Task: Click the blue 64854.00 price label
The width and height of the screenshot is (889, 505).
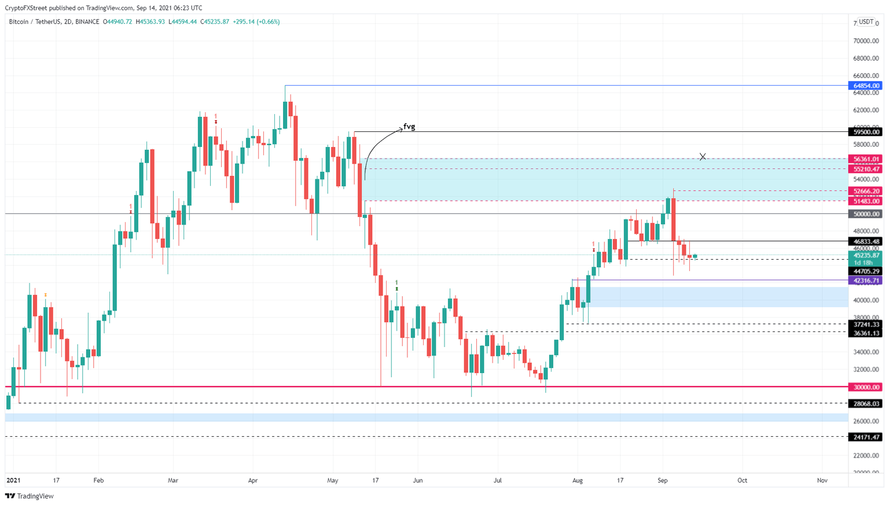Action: click(x=866, y=86)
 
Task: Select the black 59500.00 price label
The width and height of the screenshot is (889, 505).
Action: click(x=866, y=132)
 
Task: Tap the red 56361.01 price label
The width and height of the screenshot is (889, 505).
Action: click(x=866, y=159)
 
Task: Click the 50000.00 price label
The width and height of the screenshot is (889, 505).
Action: click(x=866, y=214)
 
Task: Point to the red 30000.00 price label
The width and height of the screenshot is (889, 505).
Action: click(x=866, y=387)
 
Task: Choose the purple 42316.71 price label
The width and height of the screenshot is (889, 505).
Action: click(x=866, y=281)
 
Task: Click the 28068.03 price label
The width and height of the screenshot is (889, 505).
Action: click(x=866, y=404)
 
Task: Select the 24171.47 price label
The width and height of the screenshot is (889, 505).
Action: click(x=866, y=437)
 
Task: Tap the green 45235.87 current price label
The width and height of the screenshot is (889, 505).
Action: click(x=866, y=255)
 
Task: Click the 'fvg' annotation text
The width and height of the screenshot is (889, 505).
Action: click(x=409, y=127)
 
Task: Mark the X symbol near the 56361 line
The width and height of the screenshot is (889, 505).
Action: click(x=703, y=157)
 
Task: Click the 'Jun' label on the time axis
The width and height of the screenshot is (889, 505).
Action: click(x=418, y=480)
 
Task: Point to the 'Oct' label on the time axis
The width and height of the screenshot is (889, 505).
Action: click(x=742, y=480)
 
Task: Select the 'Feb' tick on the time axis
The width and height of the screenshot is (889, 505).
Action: click(x=98, y=480)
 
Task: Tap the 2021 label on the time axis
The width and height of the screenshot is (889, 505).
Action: click(x=13, y=480)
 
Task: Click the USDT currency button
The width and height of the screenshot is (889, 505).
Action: click(x=866, y=22)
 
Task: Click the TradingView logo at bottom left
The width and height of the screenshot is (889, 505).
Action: click(x=30, y=496)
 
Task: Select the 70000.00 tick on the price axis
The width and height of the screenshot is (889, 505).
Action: click(x=866, y=41)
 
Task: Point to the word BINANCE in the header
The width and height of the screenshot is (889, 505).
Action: click(x=87, y=22)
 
